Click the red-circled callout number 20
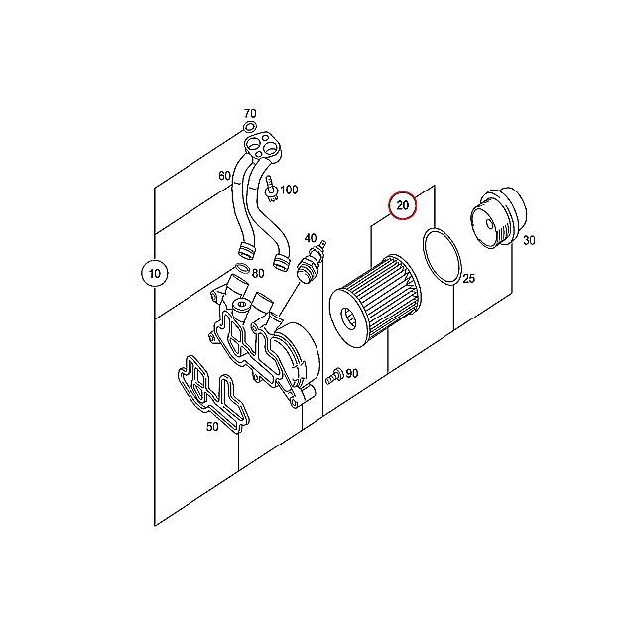click(403, 205)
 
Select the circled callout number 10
click(155, 274)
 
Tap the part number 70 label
click(250, 113)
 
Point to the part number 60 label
click(225, 176)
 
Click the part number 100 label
click(289, 190)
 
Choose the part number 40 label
click(311, 238)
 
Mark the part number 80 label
click(258, 274)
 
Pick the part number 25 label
click(468, 278)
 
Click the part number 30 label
click(529, 240)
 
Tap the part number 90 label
click(352, 373)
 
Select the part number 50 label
click(212, 426)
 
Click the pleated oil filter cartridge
click(375, 301)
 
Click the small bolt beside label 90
click(334, 376)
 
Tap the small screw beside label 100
click(271, 189)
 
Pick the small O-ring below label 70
click(249, 127)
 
